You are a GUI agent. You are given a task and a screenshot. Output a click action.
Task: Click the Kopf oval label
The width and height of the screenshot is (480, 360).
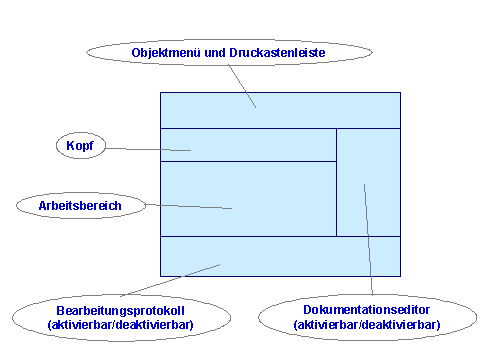tap(79, 147)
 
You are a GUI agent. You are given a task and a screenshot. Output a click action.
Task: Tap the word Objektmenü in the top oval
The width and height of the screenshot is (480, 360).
tap(166, 51)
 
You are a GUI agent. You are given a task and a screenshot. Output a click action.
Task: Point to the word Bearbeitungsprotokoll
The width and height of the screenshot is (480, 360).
tap(120, 311)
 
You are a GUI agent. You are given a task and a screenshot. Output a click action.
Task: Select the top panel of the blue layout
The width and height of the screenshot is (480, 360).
tap(280, 110)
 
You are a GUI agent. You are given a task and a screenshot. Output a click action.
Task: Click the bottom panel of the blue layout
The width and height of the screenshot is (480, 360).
tap(280, 255)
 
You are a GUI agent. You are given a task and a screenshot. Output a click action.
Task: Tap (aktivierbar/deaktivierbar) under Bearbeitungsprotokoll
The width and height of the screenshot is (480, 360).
tap(120, 325)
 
